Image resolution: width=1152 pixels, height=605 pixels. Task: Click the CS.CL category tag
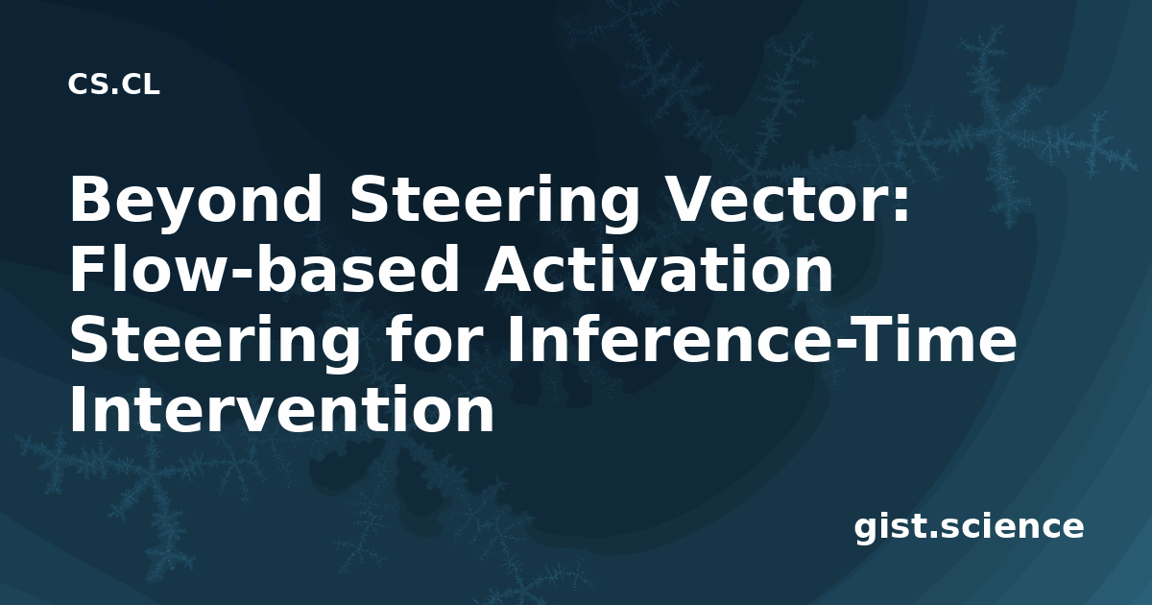[x=113, y=85]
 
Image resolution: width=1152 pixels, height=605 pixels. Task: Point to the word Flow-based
[x=264, y=269]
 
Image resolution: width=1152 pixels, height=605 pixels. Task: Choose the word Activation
[x=658, y=269]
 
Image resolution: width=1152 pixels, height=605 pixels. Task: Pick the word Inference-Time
[x=762, y=338]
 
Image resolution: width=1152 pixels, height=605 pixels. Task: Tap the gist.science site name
[x=969, y=527]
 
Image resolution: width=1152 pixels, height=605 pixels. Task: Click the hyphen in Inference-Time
[x=843, y=344]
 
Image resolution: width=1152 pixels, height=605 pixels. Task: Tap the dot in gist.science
[x=932, y=534]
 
